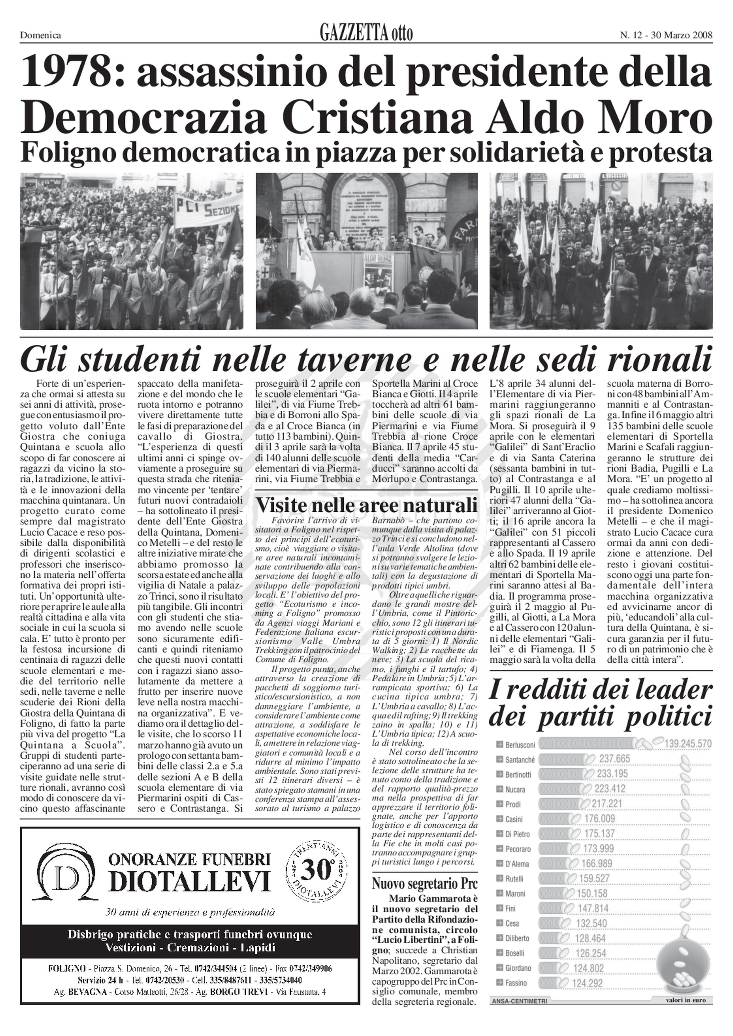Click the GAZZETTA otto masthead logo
[366, 34]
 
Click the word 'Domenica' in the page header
[41, 35]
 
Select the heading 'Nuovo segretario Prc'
[424, 883]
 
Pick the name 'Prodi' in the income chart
[513, 804]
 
